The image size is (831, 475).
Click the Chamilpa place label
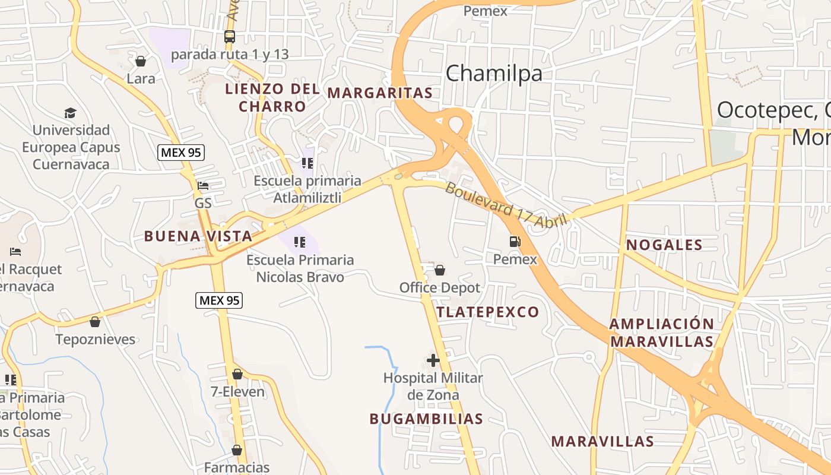[494, 74]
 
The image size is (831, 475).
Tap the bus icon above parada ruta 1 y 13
[230, 37]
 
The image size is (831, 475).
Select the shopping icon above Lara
[141, 61]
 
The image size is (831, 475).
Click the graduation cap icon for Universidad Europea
[71, 113]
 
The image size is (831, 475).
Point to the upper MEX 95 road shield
[181, 153]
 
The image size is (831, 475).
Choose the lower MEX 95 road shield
[219, 300]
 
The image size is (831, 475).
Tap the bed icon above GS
[203, 186]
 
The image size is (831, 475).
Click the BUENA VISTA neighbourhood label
[198, 236]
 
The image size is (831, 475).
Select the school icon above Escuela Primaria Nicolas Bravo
[300, 242]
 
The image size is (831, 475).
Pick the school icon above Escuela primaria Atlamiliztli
[307, 163]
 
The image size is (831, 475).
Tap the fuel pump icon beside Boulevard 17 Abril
[515, 242]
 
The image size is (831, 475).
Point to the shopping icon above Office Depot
[440, 271]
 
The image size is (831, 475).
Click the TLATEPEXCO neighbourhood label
[488, 312]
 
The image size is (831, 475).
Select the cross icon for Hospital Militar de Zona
[433, 360]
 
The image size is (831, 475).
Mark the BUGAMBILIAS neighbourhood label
[426, 419]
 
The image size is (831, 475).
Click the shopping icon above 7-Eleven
[237, 374]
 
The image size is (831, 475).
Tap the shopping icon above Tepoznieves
[95, 322]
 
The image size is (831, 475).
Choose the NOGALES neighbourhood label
[664, 245]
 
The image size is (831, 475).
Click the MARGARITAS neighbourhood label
[380, 93]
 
